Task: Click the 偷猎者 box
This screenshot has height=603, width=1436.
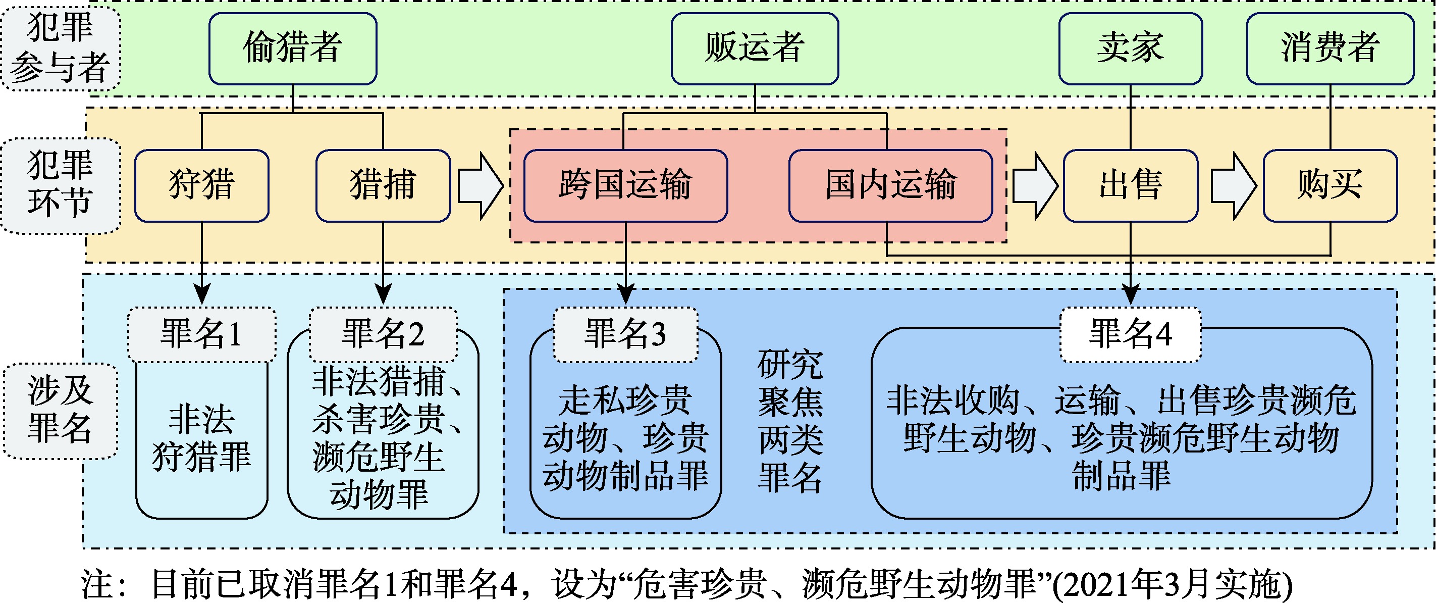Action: pyautogui.click(x=293, y=48)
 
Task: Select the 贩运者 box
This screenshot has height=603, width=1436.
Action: pyautogui.click(x=754, y=48)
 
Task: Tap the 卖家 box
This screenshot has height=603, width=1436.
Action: pyautogui.click(x=1130, y=48)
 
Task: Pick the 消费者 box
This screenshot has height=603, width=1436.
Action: pyautogui.click(x=1330, y=48)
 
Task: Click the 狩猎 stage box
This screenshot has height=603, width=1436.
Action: pyautogui.click(x=202, y=185)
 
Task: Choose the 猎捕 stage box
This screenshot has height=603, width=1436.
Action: pyautogui.click(x=383, y=185)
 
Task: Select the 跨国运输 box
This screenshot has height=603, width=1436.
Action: pyautogui.click(x=625, y=185)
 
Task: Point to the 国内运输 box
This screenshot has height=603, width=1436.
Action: pyautogui.click(x=890, y=185)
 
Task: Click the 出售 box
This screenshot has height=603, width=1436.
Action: pyautogui.click(x=1130, y=185)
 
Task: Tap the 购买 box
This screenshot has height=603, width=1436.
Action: pyautogui.click(x=1330, y=185)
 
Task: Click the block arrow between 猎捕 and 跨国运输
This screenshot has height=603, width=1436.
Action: pyautogui.click(x=480, y=186)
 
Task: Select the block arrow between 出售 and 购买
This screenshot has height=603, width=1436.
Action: pyautogui.click(x=1233, y=186)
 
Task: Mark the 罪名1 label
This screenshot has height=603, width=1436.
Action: pyautogui.click(x=202, y=334)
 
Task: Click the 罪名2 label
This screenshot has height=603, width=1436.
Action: pyautogui.click(x=383, y=334)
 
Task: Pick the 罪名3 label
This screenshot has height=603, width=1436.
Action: pyautogui.click(x=625, y=334)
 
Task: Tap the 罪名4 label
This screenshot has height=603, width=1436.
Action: pyautogui.click(x=1130, y=334)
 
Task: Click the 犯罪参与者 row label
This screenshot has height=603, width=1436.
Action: pyautogui.click(x=60, y=48)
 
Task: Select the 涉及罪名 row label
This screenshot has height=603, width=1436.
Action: pyautogui.click(x=60, y=411)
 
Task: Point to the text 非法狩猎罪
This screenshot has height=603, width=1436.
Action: pyautogui.click(x=202, y=438)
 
